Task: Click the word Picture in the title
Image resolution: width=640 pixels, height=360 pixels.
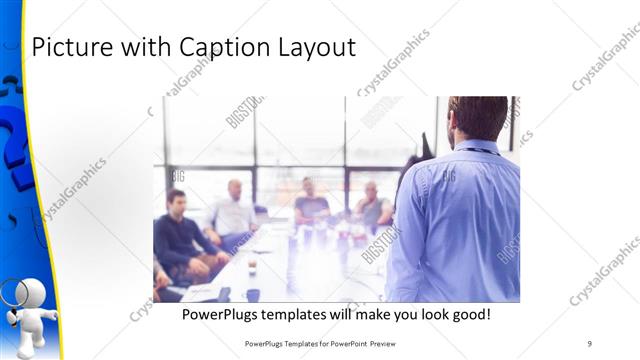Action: coord(68,47)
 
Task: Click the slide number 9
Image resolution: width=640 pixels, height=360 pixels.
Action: coord(590,344)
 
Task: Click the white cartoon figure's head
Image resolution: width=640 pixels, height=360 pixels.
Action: coord(33,295)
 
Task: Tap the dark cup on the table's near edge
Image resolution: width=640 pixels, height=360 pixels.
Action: coord(253,294)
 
